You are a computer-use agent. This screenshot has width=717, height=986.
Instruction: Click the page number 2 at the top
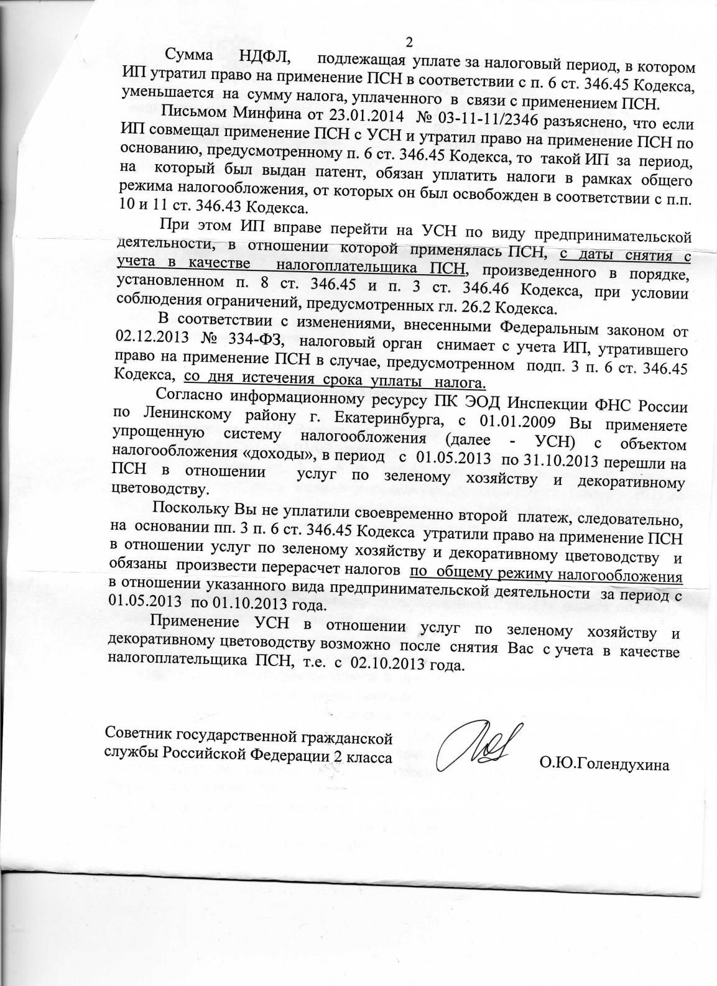[409, 43]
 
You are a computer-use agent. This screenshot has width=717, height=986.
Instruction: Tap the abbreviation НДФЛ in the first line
[261, 58]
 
